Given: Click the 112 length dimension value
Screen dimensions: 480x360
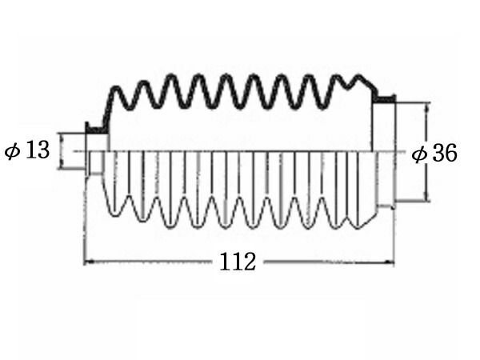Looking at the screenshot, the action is click(238, 262).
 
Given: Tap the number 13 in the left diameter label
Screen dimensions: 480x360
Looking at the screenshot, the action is click(38, 150).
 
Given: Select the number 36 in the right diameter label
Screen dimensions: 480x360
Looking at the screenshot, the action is click(445, 153).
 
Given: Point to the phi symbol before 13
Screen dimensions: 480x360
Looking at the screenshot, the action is click(13, 151).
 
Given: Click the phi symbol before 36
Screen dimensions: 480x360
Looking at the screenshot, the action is click(419, 154).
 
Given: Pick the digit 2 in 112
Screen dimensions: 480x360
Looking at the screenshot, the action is click(249, 262).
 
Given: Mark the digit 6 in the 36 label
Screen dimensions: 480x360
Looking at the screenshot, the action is click(451, 153).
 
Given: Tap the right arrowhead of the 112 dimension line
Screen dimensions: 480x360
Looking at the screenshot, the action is click(390, 262).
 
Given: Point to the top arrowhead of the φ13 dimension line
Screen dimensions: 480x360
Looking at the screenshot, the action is click(61, 137).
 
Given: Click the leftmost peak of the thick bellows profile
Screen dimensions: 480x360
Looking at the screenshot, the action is click(115, 89).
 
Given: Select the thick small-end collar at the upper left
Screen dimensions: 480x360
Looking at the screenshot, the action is click(96, 130).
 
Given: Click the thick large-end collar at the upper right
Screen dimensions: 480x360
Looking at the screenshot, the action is click(385, 98).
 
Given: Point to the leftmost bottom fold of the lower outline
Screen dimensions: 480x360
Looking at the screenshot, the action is click(114, 213).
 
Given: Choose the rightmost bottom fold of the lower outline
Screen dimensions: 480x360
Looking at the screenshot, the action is click(357, 226).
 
